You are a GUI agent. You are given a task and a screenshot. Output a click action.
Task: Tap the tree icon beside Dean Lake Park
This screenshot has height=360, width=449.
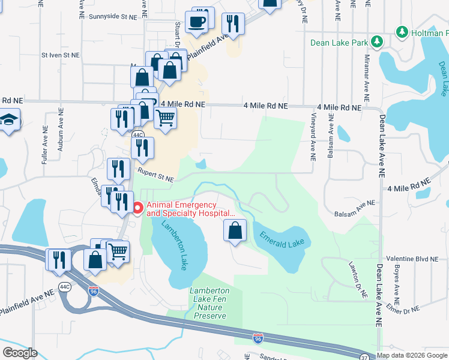(x=377, y=42)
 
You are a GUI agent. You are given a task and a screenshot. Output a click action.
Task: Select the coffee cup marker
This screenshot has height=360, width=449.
(x=196, y=23)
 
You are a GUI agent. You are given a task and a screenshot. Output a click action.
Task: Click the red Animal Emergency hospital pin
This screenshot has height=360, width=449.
(x=137, y=208)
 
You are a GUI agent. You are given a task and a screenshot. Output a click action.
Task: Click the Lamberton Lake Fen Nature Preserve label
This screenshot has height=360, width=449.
(x=209, y=303)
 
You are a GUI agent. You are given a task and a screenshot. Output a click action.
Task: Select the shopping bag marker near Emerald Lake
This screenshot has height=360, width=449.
(x=235, y=230)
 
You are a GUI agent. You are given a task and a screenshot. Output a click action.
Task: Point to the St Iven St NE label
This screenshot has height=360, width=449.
(x=60, y=55)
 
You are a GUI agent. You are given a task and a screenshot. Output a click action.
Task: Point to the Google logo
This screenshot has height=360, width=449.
(x=20, y=352)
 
